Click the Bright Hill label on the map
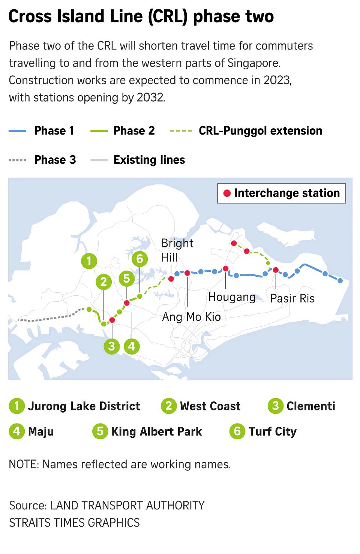177,250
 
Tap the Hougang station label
232,297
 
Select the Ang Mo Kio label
191,317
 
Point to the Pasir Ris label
292,298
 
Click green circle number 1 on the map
89,261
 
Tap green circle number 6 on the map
140,259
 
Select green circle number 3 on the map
111,346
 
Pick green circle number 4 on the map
132,346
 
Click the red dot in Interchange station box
227,193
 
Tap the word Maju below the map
41,431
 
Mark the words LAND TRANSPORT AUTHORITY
127,505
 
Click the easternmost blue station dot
340,280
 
